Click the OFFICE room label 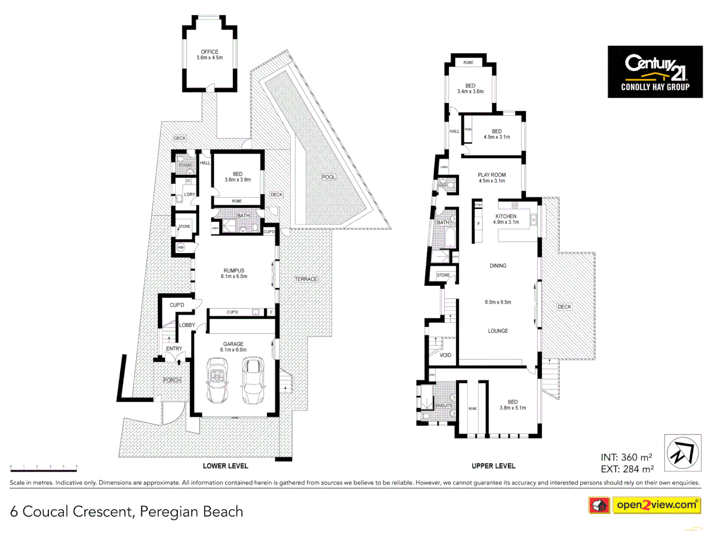click(209, 52)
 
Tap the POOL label click(328, 177)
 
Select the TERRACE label click(306, 279)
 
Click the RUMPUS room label click(234, 270)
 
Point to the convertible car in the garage click(217, 380)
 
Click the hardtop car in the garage click(253, 380)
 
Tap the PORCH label click(172, 380)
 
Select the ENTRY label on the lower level click(174, 348)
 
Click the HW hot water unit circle click(181, 247)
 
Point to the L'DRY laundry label click(190, 194)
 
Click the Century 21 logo click(655, 72)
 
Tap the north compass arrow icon click(682, 453)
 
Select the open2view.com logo click(656, 505)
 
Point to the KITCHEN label click(506, 216)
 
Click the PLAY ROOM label click(491, 175)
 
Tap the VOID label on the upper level click(445, 355)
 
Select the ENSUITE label click(443, 406)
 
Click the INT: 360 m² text click(626, 457)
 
